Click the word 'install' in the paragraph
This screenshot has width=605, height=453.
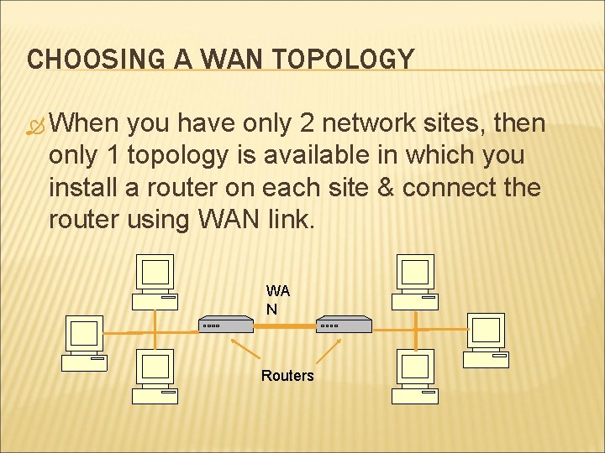82,187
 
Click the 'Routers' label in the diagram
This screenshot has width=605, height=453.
287,376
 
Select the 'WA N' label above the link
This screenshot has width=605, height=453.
278,299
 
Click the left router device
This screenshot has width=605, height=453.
226,325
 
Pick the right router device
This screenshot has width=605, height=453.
344,325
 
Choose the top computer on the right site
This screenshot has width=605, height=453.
416,279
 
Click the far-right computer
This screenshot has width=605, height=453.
487,339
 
